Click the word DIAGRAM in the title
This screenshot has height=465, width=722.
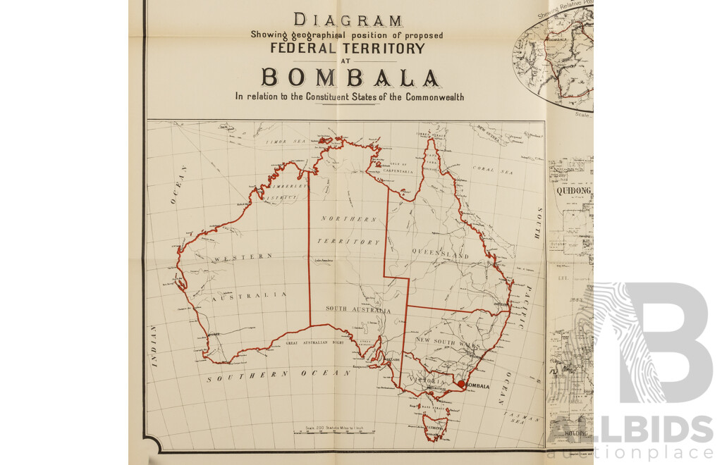(x=348, y=20)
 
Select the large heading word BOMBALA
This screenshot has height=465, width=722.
(x=350, y=77)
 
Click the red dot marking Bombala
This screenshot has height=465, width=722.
(x=461, y=384)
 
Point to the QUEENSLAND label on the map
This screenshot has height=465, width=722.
(x=445, y=254)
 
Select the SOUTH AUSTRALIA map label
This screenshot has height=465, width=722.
(x=357, y=309)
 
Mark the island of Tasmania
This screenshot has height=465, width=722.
(x=434, y=426)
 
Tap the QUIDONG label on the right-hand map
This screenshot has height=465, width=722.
(x=573, y=190)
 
